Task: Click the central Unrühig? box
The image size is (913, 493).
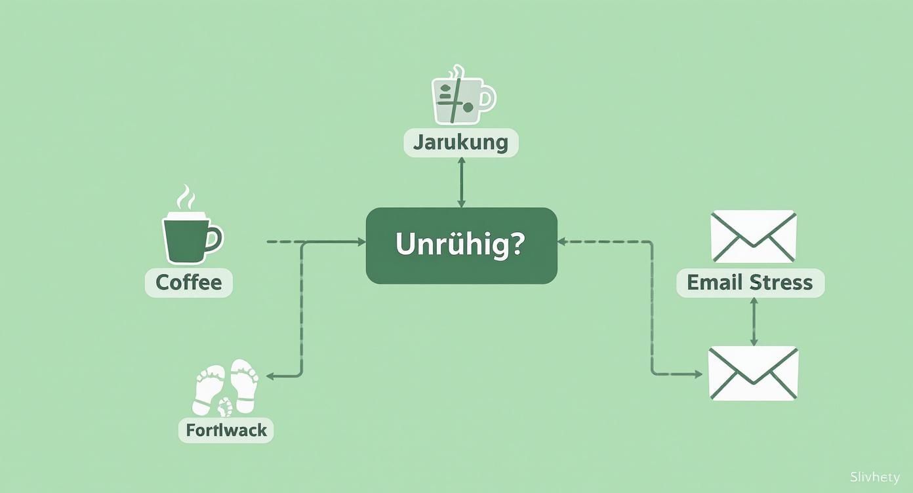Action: coord(461,246)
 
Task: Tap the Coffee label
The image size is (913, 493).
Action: coord(189,283)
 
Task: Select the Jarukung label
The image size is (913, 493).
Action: coord(460,143)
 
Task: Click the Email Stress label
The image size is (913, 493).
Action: coord(750,283)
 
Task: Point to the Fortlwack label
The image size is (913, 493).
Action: coord(226,431)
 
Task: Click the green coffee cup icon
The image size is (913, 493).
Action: coord(188,238)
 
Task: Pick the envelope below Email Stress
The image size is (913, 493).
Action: coord(754,373)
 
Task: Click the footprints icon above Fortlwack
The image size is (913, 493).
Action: coord(226,387)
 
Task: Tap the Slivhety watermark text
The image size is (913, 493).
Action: coord(874,477)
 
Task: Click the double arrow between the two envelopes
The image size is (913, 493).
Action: coord(754,321)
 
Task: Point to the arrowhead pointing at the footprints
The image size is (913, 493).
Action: coord(269,376)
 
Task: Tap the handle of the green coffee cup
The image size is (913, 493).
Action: coord(215,238)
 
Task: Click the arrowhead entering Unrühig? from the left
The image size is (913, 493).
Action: coord(361,242)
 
